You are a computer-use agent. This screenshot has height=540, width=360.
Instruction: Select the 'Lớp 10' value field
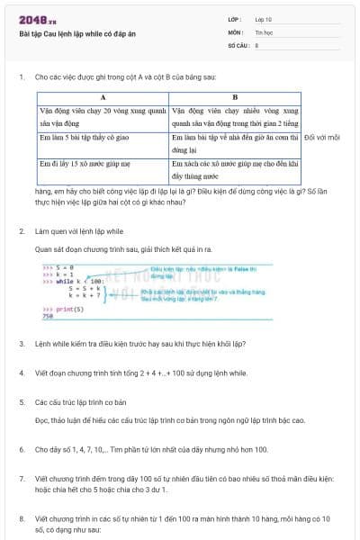pos(264,19)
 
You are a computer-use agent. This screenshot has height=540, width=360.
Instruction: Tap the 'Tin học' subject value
pos(265,31)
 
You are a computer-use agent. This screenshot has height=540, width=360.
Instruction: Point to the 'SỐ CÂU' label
pos(237,44)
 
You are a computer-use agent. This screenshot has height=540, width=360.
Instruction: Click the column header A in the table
pos(103,95)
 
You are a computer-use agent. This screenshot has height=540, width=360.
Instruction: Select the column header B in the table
pos(234,95)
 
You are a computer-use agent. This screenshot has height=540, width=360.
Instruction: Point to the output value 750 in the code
pos(48,317)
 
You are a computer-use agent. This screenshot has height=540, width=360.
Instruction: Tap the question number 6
pos(21,448)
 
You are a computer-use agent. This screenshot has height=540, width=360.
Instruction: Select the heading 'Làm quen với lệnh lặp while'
pos(79,231)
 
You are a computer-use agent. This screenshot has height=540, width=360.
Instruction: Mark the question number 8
pos(21,519)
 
